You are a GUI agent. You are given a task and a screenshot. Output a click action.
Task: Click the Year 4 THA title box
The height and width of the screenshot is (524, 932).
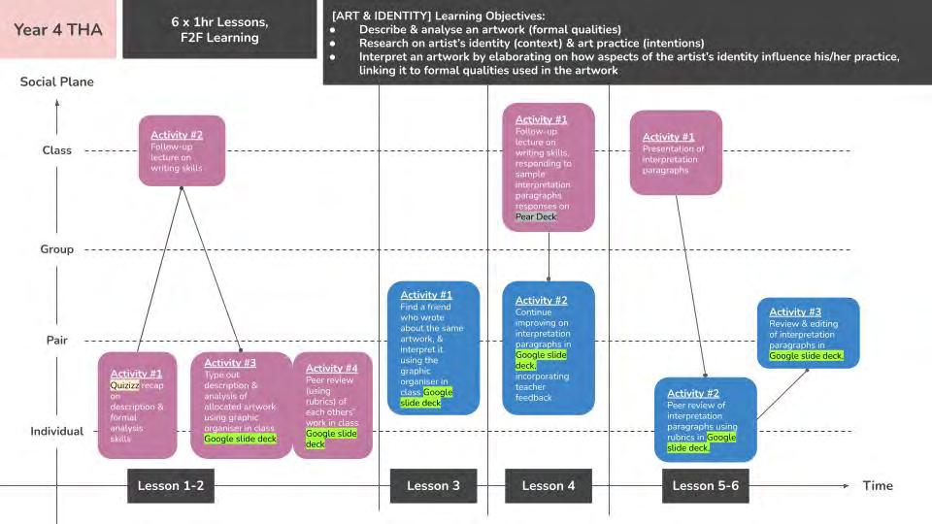tap(58, 29)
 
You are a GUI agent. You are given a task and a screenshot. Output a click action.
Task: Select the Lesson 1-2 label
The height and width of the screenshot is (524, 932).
tap(170, 485)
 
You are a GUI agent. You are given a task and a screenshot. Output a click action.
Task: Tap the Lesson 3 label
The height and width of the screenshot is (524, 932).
tap(434, 485)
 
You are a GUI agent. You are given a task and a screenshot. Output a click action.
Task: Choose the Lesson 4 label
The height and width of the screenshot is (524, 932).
tap(548, 485)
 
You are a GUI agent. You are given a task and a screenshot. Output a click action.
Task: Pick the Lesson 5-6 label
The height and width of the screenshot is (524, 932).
tap(706, 485)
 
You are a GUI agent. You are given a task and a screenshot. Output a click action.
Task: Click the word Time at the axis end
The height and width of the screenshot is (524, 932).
tap(878, 485)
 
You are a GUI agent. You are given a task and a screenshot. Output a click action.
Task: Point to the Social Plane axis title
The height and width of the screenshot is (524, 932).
tap(57, 82)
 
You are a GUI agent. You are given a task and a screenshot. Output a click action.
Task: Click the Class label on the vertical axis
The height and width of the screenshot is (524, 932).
tap(57, 150)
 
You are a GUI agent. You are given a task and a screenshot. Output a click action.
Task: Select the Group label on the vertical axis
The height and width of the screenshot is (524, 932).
tap(57, 249)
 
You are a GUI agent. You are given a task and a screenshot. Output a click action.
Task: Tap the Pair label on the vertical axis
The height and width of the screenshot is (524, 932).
tap(57, 341)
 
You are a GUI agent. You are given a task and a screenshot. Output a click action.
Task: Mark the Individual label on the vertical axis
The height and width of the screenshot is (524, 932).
tap(57, 431)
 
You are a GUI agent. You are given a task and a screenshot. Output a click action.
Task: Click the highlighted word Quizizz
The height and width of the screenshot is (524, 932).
tap(125, 385)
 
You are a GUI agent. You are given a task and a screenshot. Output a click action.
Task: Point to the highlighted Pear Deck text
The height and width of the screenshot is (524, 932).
tap(536, 216)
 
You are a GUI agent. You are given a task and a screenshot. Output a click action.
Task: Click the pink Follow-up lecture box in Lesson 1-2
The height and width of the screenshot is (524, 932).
tap(182, 150)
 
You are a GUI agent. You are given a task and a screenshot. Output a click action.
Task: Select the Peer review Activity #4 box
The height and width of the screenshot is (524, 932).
tap(332, 405)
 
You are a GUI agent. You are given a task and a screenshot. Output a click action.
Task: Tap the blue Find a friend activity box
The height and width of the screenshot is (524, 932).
tap(433, 347)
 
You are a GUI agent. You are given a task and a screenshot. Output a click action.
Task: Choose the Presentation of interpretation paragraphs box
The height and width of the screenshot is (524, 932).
tap(676, 153)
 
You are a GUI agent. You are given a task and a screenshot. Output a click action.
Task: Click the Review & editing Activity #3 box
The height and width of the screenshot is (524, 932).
tap(808, 333)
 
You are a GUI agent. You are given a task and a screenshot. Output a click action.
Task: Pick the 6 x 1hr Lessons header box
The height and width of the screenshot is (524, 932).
tap(219, 29)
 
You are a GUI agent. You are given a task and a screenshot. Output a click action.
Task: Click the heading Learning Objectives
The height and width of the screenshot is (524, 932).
tap(491, 16)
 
